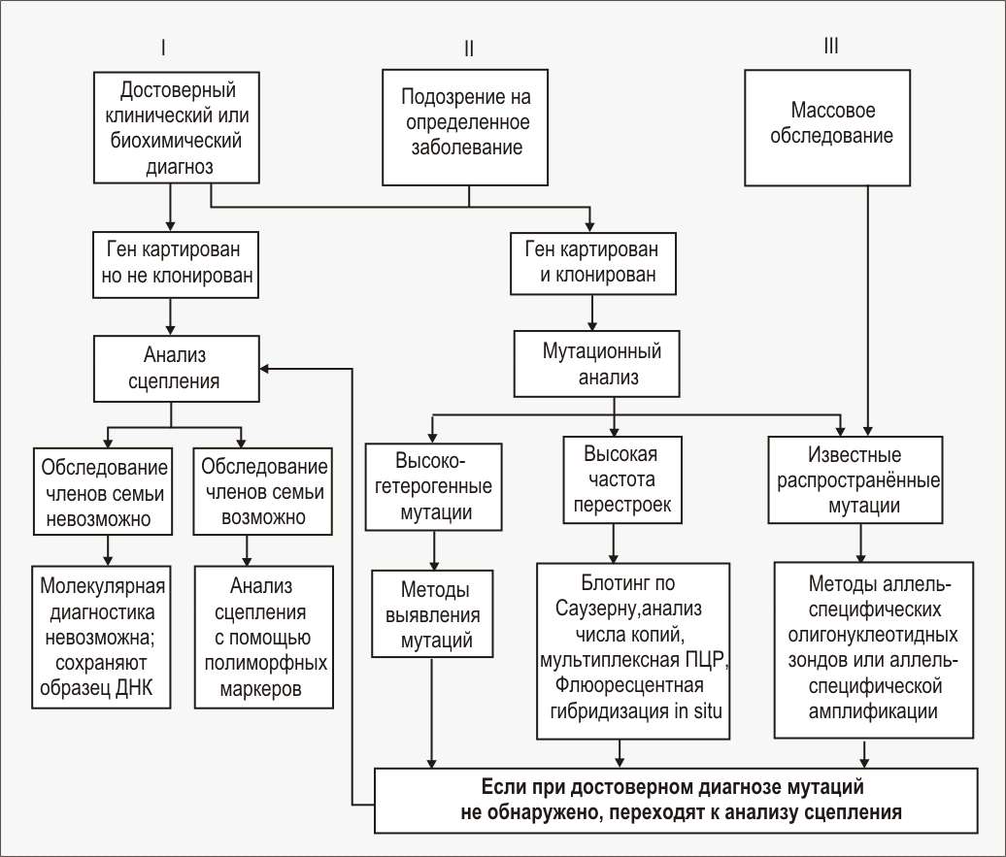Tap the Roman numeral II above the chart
[x=469, y=49]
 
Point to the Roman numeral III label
[x=830, y=45]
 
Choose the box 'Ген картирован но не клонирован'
[x=177, y=264]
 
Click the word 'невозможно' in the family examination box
[x=105, y=517]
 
